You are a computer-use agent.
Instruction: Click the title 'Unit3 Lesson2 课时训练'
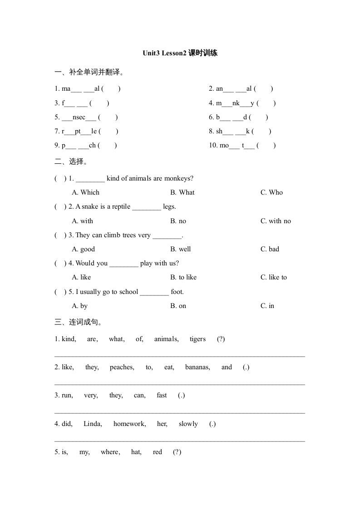180,53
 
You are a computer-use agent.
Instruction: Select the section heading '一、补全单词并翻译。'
89,72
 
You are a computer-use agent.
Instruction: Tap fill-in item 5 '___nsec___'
79,117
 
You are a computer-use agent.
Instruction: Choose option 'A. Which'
85,192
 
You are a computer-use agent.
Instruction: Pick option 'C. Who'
271,192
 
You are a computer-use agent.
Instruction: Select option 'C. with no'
276,221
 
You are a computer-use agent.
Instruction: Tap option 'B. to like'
183,277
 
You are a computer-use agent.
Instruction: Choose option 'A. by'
79,306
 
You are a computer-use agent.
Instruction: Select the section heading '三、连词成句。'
78,322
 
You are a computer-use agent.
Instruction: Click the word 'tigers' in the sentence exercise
197,339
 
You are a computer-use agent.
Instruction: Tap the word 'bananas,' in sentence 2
197,367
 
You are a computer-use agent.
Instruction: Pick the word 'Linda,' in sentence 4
93,424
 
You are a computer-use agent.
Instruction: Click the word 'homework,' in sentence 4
129,424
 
